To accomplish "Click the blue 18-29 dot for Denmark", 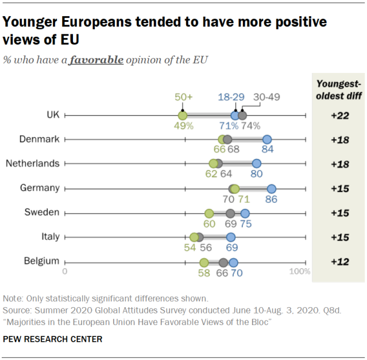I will (266, 140).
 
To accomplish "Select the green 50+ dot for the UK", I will (183, 115).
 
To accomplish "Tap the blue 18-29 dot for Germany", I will (272, 188).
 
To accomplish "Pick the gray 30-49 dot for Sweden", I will (230, 213).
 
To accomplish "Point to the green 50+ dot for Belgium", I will (204, 262).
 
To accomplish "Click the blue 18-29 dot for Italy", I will (231, 237).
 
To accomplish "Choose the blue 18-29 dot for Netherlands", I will (257, 164).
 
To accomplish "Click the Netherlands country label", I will (32, 163).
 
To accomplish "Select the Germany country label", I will (40, 188).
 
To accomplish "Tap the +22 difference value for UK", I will (340, 115).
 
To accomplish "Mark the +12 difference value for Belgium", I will (340, 262).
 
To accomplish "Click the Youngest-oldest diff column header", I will (339, 90).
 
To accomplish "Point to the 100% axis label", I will (299, 271).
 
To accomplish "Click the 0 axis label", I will (65, 271).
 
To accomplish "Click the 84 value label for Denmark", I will (267, 150).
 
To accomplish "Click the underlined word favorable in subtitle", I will (96, 60).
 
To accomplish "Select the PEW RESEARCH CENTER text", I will (53, 339).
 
